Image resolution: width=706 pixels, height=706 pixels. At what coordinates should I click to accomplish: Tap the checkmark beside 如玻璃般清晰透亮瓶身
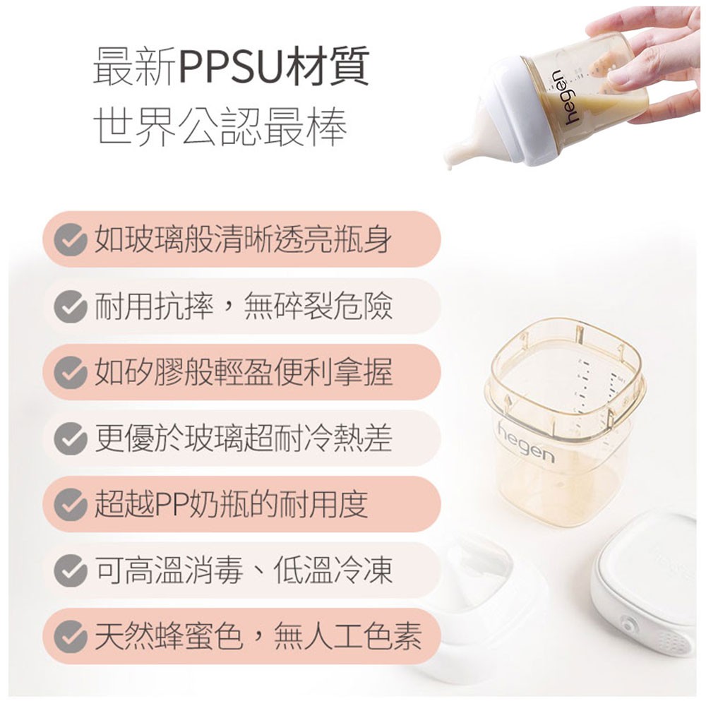pyautogui.click(x=70, y=240)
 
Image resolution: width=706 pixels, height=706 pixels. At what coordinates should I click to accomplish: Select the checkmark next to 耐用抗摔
pyautogui.click(x=70, y=306)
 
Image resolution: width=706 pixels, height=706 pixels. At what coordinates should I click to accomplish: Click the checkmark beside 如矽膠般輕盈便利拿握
pyautogui.click(x=70, y=372)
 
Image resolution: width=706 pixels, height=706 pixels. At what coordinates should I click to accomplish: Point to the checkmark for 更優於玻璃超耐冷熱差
pyautogui.click(x=70, y=438)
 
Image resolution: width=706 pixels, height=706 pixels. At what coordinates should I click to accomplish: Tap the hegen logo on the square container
pyautogui.click(x=526, y=443)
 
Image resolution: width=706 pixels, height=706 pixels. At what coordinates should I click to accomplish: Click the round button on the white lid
pyautogui.click(x=627, y=624)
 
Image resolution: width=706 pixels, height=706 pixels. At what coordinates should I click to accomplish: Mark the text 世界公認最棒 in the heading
pyautogui.click(x=220, y=126)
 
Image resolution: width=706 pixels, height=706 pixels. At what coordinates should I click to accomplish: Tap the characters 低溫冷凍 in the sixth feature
pyautogui.click(x=333, y=570)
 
